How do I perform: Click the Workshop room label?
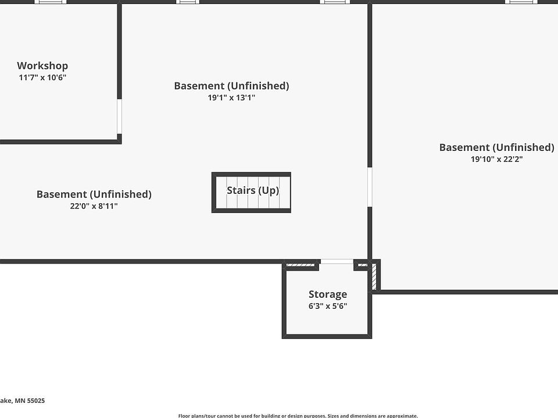42,66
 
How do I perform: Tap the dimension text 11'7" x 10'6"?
42,77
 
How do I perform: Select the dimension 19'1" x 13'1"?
231,98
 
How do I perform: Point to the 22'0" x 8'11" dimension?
94,206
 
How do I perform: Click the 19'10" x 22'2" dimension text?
496,159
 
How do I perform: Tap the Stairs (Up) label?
253,190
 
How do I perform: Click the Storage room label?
328,294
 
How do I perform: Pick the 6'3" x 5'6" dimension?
328,306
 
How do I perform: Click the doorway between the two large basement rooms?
370,187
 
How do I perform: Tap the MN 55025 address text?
23,401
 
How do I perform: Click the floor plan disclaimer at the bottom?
298,415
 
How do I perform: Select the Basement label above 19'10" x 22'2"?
496,147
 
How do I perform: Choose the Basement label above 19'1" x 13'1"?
231,86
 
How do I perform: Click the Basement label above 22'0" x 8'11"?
94,194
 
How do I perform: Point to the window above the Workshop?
51,2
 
